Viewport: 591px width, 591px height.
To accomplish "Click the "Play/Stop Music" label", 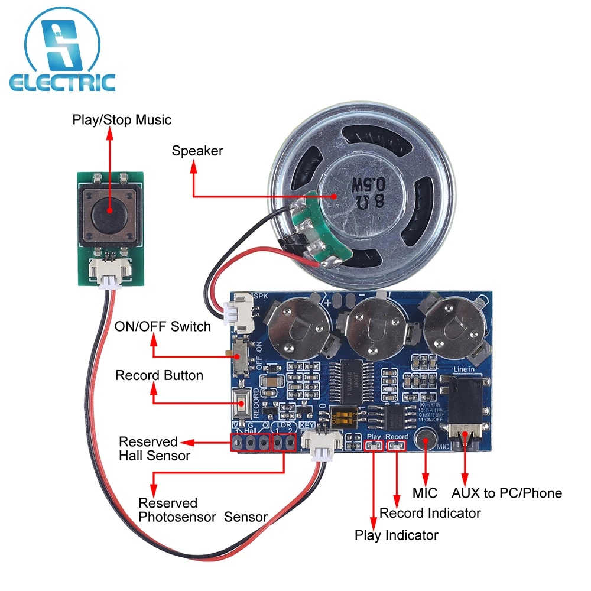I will (x=122, y=120).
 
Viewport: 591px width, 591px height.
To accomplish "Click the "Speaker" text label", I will (x=197, y=151).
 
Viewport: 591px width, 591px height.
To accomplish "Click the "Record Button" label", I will (x=159, y=375).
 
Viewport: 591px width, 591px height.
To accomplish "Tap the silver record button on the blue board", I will (x=241, y=405).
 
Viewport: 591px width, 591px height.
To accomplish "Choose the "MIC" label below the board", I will (x=425, y=493).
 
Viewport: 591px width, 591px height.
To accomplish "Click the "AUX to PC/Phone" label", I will (x=506, y=493).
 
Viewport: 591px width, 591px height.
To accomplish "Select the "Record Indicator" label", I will (x=430, y=513).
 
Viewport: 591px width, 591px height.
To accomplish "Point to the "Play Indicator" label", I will (x=396, y=535).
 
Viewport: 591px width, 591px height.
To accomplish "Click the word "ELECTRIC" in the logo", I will (x=62, y=82).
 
